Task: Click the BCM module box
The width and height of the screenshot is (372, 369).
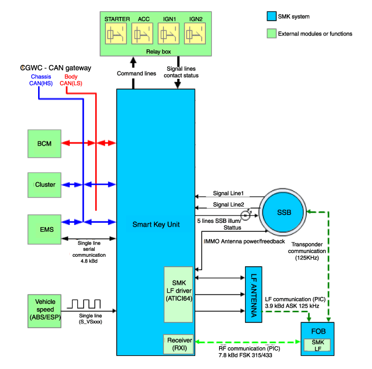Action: pos(44,143)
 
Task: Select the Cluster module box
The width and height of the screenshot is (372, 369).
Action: pos(44,185)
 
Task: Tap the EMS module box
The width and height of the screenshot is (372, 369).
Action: pos(44,229)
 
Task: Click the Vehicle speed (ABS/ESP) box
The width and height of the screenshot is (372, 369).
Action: pos(44,311)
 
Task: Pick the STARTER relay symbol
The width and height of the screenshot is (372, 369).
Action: pos(116,33)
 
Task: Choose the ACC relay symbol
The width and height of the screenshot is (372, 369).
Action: pos(142,33)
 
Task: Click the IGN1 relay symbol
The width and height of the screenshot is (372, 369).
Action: pos(168,33)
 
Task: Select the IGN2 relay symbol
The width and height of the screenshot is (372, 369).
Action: pos(195,33)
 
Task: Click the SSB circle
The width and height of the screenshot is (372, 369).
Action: pos(283,212)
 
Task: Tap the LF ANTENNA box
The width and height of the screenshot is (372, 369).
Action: pos(253,294)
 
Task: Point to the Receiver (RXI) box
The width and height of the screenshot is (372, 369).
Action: pos(178,344)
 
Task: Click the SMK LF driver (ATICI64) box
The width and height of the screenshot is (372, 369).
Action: pos(178,294)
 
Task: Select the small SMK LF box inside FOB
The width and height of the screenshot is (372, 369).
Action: pos(317,345)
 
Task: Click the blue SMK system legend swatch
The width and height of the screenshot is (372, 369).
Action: pos(271,16)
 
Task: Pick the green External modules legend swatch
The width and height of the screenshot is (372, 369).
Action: pos(271,33)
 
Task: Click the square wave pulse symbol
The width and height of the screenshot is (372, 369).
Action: pos(84,304)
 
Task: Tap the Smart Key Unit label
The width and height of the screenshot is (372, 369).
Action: pos(156,224)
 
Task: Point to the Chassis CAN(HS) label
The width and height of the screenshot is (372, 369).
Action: pos(41,80)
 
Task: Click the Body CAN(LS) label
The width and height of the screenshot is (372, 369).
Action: pos(71,80)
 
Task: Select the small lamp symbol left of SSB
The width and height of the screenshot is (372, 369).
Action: pos(246,215)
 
